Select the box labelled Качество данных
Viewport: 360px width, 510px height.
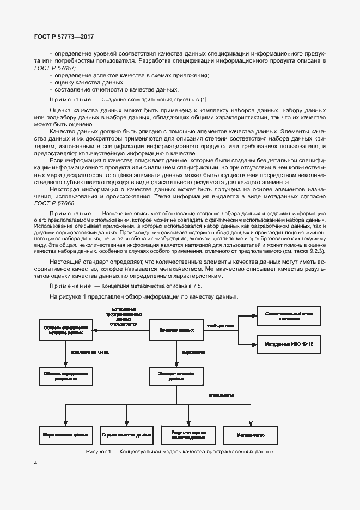pyautogui.click(x=176, y=330)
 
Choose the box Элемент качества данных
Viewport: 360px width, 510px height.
pyautogui.click(x=176, y=376)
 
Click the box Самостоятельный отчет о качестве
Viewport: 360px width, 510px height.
pyautogui.click(x=289, y=316)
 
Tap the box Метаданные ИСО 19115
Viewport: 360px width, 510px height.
pyautogui.click(x=289, y=345)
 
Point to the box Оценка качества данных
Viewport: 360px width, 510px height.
pyautogui.click(x=126, y=435)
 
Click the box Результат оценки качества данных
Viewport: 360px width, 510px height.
pyautogui.click(x=188, y=435)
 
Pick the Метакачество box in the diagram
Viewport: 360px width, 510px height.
pyautogui.click(x=251, y=435)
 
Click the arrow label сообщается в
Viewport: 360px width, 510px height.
pyautogui.click(x=219, y=326)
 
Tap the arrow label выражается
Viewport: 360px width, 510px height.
pyautogui.click(x=193, y=353)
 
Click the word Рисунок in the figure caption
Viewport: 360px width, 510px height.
pyautogui.click(x=96, y=452)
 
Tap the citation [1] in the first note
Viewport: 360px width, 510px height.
pyautogui.click(x=204, y=100)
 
